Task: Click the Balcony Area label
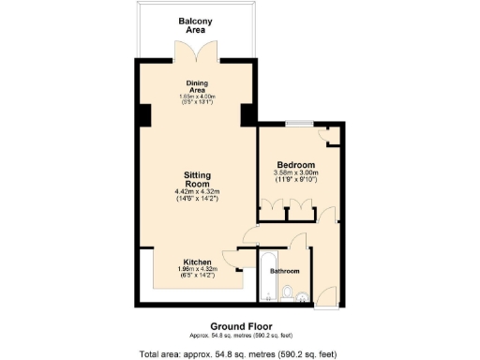click(x=197, y=25)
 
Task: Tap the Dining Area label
click(x=197, y=85)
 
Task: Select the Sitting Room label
click(x=196, y=178)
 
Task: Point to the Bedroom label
click(x=295, y=165)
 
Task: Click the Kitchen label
click(x=196, y=262)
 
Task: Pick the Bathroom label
click(x=285, y=272)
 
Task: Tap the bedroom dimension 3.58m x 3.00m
click(x=295, y=173)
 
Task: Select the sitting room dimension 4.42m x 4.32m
click(x=196, y=192)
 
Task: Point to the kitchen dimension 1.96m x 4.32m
click(x=196, y=270)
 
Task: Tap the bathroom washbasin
click(x=302, y=298)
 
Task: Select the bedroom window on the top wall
click(x=300, y=124)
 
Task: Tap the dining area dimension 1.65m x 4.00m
click(x=197, y=97)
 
